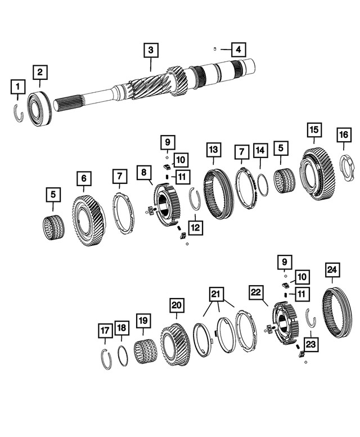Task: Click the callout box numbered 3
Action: pos(150,51)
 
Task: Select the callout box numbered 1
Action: pos(19,87)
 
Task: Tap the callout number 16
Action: pos(343,135)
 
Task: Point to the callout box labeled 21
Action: pos(216,294)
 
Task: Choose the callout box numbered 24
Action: pos(331,271)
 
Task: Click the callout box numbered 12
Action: pos(195,228)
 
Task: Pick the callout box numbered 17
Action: pos(105,331)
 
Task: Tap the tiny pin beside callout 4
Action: pos(215,49)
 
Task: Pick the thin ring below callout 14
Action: pos(262,185)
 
